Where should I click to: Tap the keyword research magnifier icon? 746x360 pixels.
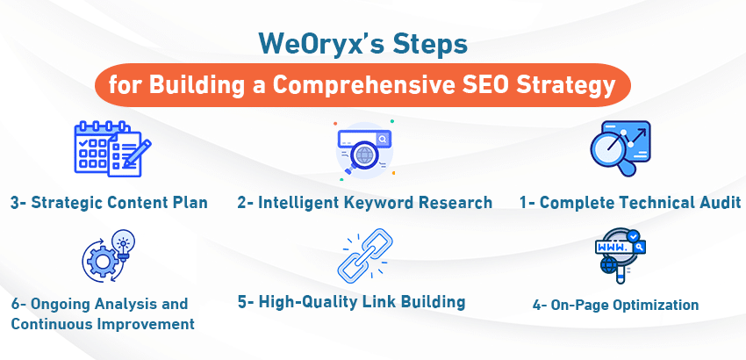(362, 149)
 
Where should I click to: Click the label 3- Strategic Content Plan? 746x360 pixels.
(109, 203)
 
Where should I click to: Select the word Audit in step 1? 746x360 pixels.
(716, 203)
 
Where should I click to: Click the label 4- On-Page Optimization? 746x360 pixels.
(615, 306)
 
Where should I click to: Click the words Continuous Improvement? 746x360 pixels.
(102, 324)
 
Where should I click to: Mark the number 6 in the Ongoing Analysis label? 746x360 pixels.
(17, 304)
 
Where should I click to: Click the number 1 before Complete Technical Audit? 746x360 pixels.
(524, 203)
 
